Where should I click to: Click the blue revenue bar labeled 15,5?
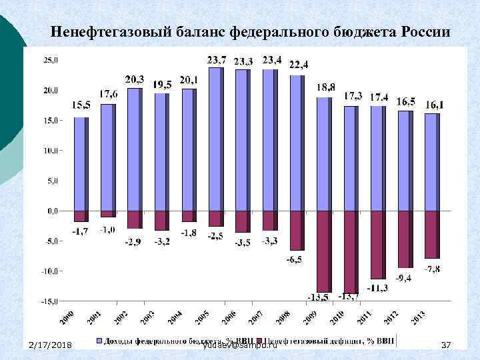click(x=81, y=164)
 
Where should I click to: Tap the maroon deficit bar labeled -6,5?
click(x=296, y=230)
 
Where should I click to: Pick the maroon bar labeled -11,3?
click(x=377, y=244)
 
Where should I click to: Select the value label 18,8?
click(x=326, y=87)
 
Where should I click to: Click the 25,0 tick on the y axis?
click(x=51, y=59)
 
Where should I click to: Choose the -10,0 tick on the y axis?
click(x=50, y=271)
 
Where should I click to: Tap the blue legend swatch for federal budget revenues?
click(x=101, y=341)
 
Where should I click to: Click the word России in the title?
click(x=426, y=31)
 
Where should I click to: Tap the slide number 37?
click(x=447, y=344)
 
